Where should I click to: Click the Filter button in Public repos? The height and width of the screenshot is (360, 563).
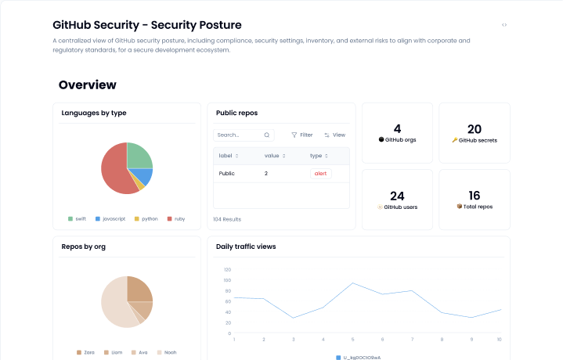301,135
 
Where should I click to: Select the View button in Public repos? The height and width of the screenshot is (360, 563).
334,135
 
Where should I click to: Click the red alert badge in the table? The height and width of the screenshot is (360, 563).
320,173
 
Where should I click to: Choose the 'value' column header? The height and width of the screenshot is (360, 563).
272,156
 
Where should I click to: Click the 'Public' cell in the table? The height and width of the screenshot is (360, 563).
226,173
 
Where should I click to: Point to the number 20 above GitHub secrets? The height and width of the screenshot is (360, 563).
474,129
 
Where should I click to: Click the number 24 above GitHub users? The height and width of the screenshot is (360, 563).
397,196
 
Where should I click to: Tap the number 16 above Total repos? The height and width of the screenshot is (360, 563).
474,196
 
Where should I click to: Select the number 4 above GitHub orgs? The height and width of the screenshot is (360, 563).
397,129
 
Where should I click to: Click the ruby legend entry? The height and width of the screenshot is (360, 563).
176,218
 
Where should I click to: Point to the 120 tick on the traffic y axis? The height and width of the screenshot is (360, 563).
227,269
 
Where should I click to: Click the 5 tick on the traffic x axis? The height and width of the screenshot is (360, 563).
352,340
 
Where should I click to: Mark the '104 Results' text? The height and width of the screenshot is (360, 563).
227,219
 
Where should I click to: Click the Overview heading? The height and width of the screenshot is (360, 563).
87,85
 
